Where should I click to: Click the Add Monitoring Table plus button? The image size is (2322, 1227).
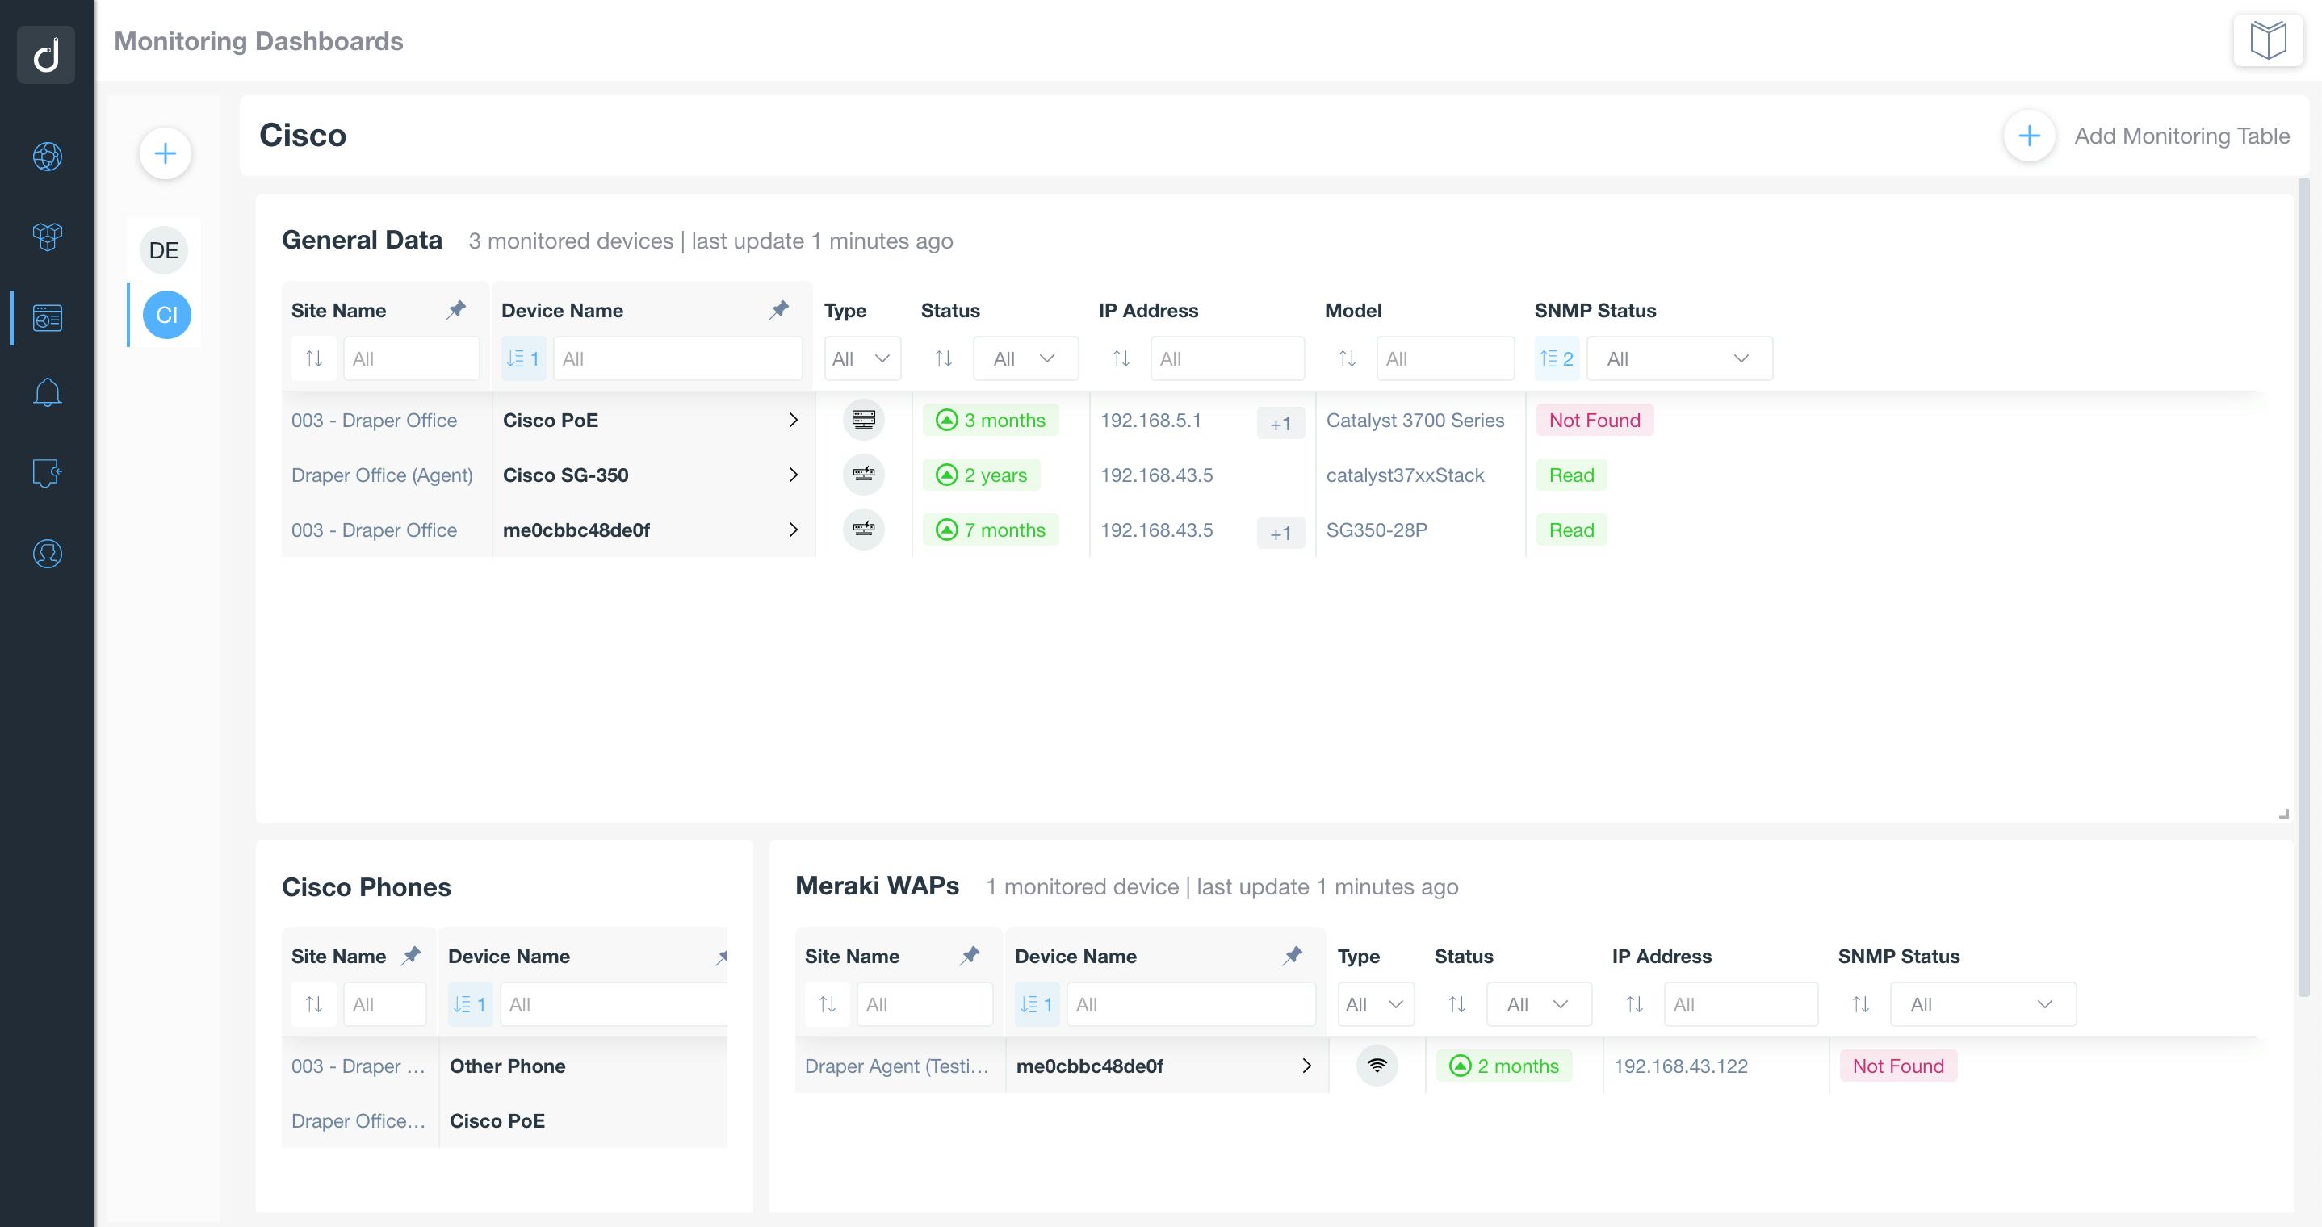coord(2028,136)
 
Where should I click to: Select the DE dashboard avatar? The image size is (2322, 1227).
coord(164,250)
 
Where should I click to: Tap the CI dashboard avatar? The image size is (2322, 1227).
coord(167,315)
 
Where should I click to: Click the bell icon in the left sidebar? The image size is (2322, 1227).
coord(47,393)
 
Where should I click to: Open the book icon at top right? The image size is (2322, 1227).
coord(2267,40)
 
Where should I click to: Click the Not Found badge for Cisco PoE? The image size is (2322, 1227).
coord(1594,420)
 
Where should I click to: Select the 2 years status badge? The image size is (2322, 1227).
coord(982,475)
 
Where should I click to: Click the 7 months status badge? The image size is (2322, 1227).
coord(991,530)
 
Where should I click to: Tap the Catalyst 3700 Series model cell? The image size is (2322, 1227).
coord(1415,420)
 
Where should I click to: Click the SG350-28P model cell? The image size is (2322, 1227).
coord(1377,530)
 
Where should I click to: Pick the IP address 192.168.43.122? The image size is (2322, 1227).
coord(1680,1066)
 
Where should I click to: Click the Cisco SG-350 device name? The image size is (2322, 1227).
coord(565,475)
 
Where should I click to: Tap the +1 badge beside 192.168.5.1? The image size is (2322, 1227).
coord(1280,424)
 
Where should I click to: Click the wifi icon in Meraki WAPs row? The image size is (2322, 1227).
coord(1377,1066)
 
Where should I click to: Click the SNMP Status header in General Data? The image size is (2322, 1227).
coord(1595,310)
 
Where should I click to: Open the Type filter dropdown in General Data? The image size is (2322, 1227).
coord(861,358)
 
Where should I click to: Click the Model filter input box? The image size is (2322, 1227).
coord(1444,358)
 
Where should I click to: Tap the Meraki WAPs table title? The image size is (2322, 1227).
coord(876,886)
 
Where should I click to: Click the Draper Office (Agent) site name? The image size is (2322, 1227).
coord(381,475)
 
